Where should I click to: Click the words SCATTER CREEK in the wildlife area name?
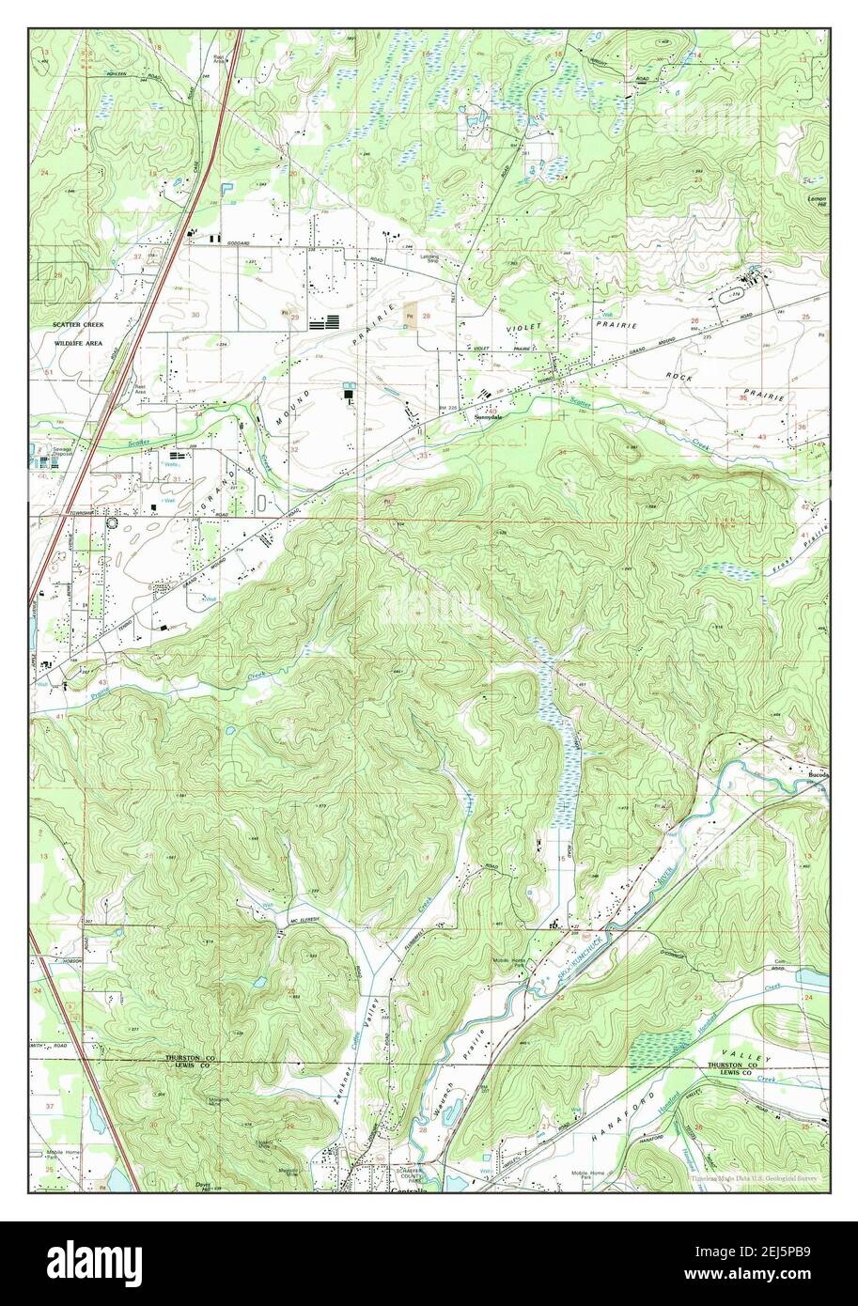71,324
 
